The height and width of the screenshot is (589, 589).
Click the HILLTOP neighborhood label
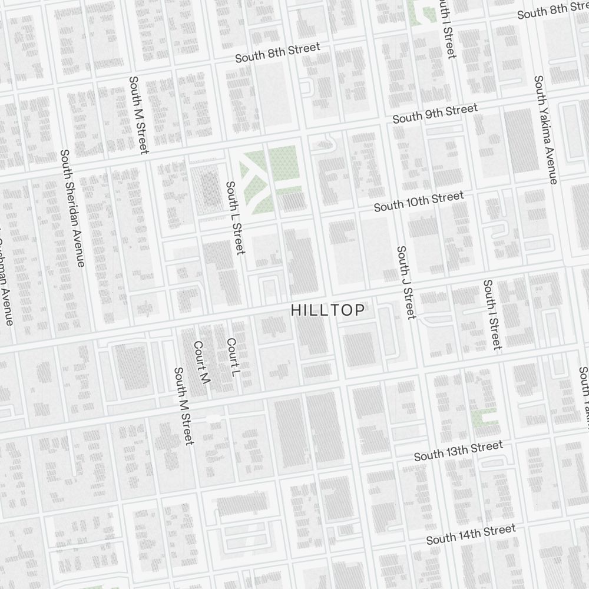[x=328, y=310]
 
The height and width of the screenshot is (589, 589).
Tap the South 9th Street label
[x=435, y=113]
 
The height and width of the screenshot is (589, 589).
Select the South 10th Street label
[x=419, y=201]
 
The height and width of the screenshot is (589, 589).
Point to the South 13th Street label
[x=458, y=451]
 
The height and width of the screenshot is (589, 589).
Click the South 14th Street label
[x=471, y=534]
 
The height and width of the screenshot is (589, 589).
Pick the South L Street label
[x=235, y=217]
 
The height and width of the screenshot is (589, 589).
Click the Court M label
[x=201, y=363]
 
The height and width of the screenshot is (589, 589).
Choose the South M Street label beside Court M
[x=184, y=406]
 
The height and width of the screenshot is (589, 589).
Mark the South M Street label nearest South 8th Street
[x=139, y=115]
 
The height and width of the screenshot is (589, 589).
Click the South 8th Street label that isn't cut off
[x=277, y=52]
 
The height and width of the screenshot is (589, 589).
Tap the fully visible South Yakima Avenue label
[x=545, y=129]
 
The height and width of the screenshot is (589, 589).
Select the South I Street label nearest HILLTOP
[x=492, y=315]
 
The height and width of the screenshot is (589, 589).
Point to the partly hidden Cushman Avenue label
[x=5, y=283]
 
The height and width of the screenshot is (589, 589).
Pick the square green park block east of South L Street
[x=284, y=164]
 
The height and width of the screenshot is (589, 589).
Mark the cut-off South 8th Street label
[x=552, y=11]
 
